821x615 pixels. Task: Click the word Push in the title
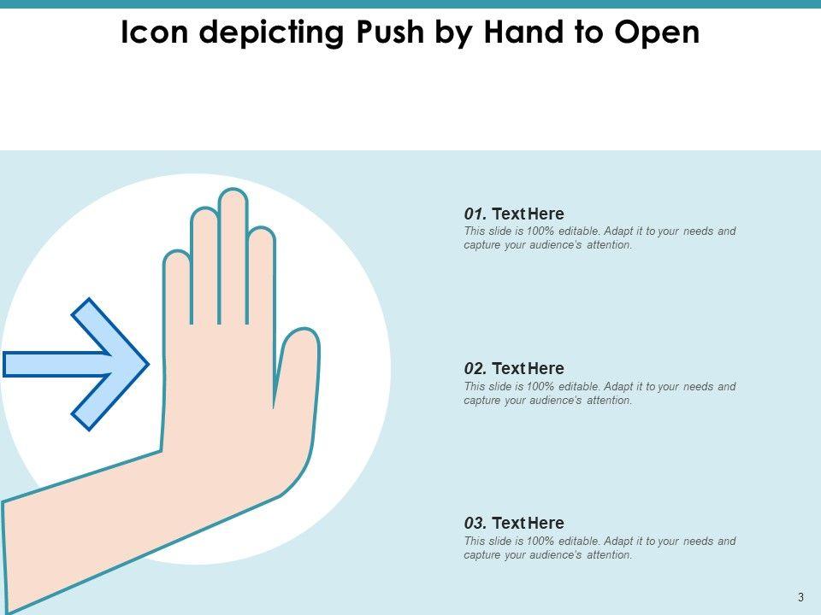(390, 32)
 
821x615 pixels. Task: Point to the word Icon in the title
(155, 32)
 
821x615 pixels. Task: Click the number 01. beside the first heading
(475, 214)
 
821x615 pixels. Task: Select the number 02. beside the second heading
(475, 369)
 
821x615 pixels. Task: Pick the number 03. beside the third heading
(475, 523)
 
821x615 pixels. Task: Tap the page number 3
(800, 597)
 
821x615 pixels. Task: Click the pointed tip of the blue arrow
(149, 365)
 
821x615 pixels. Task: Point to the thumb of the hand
(297, 366)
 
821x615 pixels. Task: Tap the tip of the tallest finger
(233, 190)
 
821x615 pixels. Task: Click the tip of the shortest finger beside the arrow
(177, 252)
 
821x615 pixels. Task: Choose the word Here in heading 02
(546, 369)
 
